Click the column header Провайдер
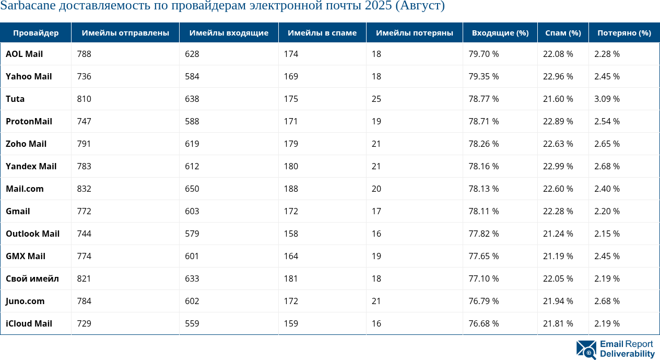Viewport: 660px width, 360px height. coord(36,33)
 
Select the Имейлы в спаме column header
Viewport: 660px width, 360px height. coord(322,33)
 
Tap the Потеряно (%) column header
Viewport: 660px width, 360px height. coord(624,33)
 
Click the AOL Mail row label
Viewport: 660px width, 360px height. coord(25,54)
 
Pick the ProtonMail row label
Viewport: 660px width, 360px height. coord(29,121)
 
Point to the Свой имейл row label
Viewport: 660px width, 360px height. coord(32,278)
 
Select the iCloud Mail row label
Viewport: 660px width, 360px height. coord(29,323)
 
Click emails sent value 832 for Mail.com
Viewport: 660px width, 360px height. coord(84,189)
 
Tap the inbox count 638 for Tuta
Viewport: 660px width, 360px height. coord(192,99)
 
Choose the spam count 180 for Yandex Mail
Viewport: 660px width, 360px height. coord(291,166)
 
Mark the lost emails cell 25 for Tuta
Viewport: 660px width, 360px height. coord(376,99)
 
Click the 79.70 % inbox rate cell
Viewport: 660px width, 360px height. coord(484,54)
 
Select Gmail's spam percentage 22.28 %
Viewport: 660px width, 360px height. coord(558,211)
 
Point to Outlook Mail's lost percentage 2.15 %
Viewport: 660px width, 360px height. coord(607,234)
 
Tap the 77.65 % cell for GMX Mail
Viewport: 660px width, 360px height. coord(484,256)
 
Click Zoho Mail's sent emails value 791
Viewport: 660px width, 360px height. coord(84,144)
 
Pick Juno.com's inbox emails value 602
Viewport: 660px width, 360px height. coord(192,301)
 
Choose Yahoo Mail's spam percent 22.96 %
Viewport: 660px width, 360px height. coord(558,76)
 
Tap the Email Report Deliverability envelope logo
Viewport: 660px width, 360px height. coord(586,350)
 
